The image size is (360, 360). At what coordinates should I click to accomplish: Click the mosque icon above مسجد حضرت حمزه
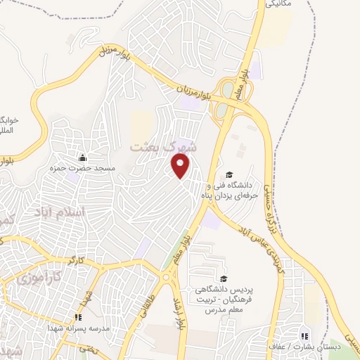pyautogui.click(x=84, y=157)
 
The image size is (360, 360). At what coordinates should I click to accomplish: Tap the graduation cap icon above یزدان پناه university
pyautogui.click(x=229, y=175)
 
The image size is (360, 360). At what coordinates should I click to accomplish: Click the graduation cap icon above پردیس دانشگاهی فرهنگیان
pyautogui.click(x=224, y=279)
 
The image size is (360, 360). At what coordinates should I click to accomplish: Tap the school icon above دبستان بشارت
pyautogui.click(x=304, y=335)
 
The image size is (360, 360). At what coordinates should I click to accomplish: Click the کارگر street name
pyautogui.click(x=75, y=261)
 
